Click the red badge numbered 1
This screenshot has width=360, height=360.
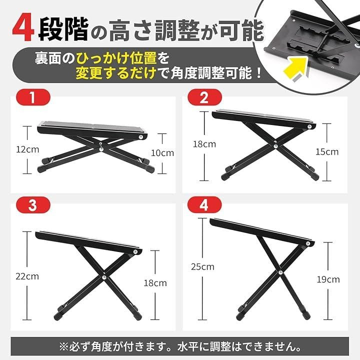coord(33,97)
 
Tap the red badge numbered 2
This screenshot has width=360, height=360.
coord(205,97)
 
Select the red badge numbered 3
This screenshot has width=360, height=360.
coord(33,205)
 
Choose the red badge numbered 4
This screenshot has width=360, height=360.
coord(205,205)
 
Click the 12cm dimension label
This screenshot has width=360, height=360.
coord(27,149)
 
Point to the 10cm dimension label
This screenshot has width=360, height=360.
coord(162,153)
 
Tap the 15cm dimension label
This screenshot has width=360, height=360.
coord(327,152)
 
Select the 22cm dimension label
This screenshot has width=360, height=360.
coord(27,276)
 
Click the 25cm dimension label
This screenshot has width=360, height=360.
coord(202,267)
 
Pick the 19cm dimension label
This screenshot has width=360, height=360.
coord(328,279)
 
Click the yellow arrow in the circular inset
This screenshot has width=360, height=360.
coord(295,69)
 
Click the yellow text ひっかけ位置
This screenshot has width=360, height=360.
coord(116,58)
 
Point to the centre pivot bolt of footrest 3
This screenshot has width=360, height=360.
coord(104,277)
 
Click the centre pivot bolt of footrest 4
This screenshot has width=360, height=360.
coord(280,272)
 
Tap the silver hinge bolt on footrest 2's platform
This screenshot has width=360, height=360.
coord(309,126)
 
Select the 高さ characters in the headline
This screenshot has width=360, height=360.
coord(130,30)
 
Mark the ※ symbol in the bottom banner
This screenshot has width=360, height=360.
coord(64,347)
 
